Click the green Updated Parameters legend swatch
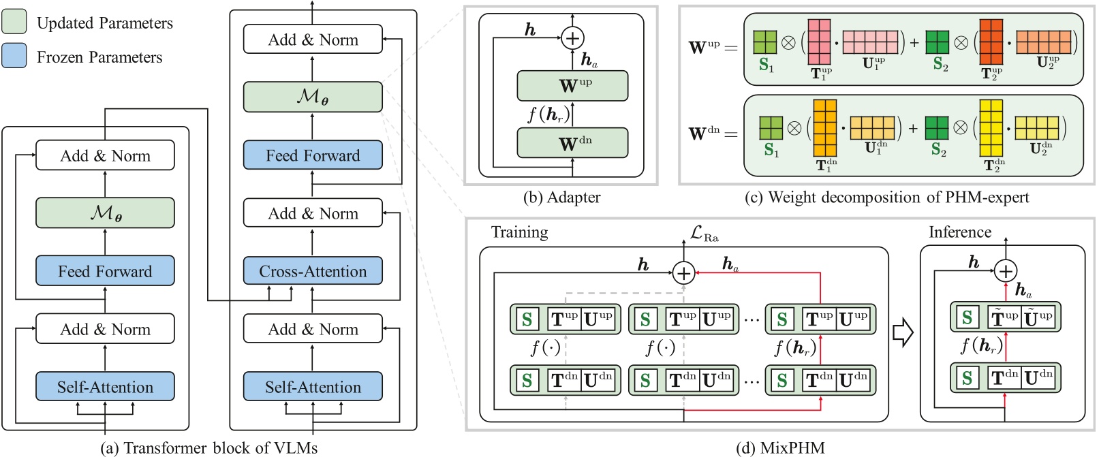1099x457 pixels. tap(14, 22)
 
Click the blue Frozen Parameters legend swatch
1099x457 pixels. tap(14, 57)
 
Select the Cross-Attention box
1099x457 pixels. tap(313, 271)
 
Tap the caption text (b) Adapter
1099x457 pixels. tap(561, 198)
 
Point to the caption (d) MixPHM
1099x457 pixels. tap(780, 447)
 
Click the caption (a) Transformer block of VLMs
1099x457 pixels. tap(208, 447)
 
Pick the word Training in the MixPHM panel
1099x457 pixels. tap(519, 232)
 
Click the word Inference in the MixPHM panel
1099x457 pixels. tap(959, 232)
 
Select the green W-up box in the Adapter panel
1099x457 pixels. tap(572, 86)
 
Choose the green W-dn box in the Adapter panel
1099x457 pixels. tap(572, 143)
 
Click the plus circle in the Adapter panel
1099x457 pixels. tap(572, 38)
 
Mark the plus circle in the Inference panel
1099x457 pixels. tap(1006, 271)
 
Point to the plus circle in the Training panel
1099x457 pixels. tap(683, 273)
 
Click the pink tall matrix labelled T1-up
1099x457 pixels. tap(820, 42)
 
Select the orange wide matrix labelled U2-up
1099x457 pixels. tap(1043, 42)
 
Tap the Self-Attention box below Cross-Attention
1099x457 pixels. tap(313, 387)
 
